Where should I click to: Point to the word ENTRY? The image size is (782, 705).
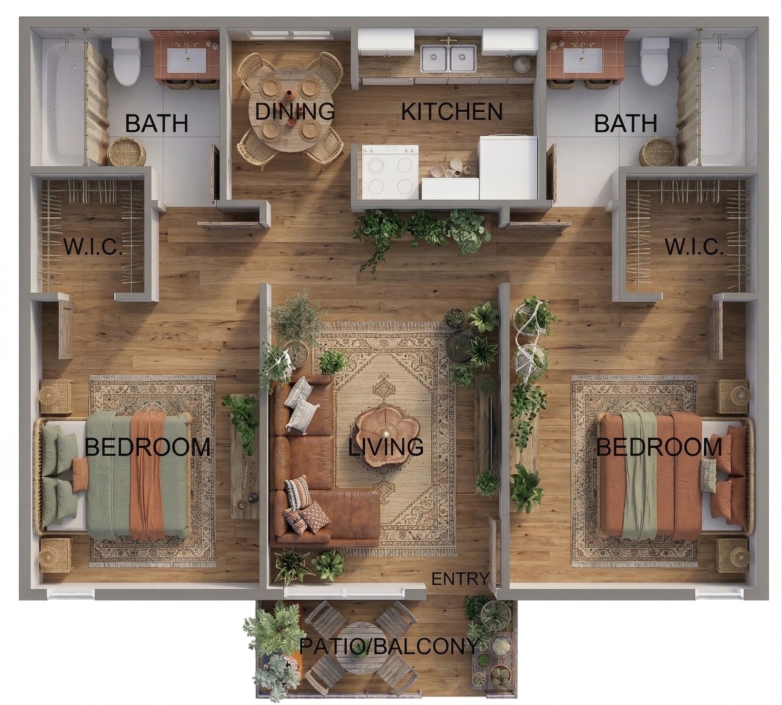point(459,578)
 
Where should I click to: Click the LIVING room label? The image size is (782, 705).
point(385,447)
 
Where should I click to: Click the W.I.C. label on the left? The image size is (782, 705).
point(93,247)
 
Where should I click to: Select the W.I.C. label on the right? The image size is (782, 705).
point(694,247)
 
